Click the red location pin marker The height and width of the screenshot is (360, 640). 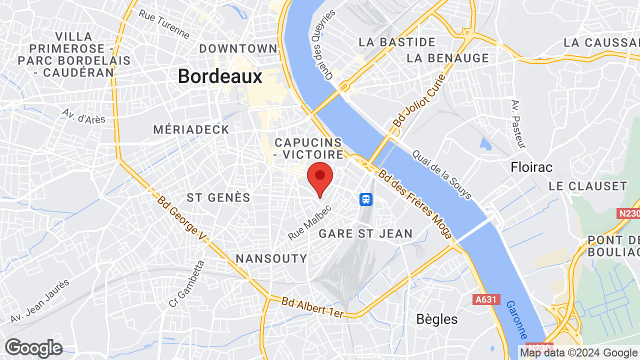tap(320, 177)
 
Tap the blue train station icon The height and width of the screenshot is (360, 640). tap(366, 199)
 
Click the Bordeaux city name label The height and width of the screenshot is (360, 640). tap(220, 76)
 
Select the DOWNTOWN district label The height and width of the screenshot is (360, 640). tap(238, 48)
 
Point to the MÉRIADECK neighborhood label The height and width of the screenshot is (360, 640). tap(191, 129)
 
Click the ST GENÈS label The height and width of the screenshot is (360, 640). tap(218, 197)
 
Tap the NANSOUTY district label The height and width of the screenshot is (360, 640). tap(271, 258)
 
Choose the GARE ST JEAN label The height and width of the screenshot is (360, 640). tap(365, 233)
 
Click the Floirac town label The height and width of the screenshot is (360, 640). tap(532, 167)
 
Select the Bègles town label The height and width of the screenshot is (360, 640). tap(437, 319)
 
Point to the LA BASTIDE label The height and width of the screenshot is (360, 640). tap(397, 42)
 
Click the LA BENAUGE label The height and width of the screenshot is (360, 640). tap(448, 58)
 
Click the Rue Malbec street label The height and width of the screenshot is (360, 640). tap(310, 222)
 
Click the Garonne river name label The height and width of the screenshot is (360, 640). tap(517, 320)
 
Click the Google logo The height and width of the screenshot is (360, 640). tap(33, 348)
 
